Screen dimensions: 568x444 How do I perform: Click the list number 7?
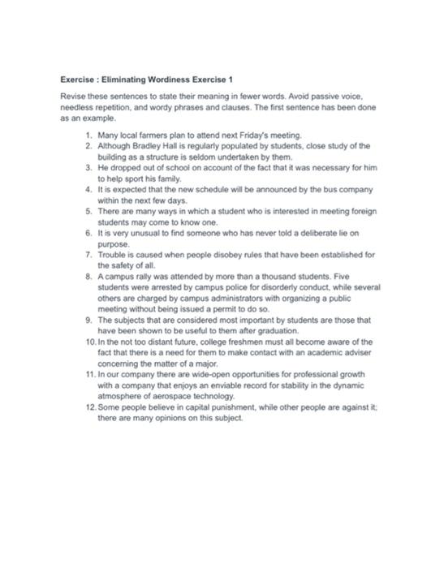pyautogui.click(x=88, y=254)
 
